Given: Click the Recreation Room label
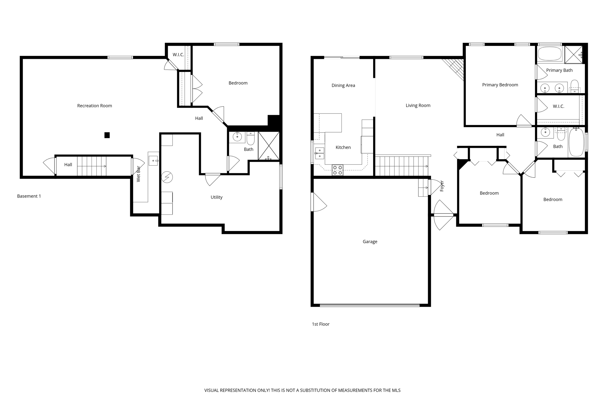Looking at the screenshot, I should (x=95, y=106).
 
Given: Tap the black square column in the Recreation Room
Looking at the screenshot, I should (x=107, y=135).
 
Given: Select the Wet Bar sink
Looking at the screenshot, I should (x=153, y=160).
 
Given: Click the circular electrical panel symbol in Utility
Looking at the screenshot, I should (x=167, y=177).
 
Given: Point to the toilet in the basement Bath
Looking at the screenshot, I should (x=251, y=138).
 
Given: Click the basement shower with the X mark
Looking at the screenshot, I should (x=269, y=146).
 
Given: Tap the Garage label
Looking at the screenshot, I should (x=370, y=242).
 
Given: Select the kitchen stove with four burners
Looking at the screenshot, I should (x=337, y=170).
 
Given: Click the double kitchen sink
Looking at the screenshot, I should (x=319, y=153).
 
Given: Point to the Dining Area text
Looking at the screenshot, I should (x=343, y=85).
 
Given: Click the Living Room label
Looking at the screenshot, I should (x=418, y=105).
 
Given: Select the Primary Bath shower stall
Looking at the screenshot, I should (x=573, y=54).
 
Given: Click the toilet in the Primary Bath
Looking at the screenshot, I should (x=574, y=86).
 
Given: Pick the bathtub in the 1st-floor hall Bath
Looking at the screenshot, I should (x=576, y=142).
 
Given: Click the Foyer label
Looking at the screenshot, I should (x=442, y=186).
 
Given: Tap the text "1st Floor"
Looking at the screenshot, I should (x=321, y=324).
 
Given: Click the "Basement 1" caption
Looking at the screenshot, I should (x=29, y=196).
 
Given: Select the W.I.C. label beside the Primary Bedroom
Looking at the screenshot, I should (x=558, y=106).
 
